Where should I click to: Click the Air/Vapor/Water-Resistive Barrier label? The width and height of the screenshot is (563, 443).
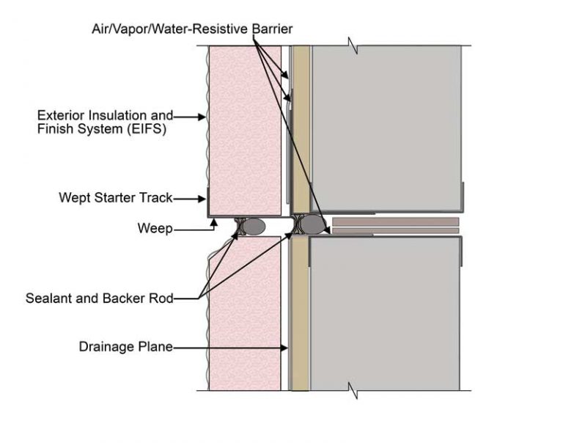(x=192, y=29)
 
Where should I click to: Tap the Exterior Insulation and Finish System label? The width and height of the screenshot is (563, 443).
(x=106, y=122)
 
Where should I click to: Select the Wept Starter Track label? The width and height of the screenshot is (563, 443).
(x=116, y=197)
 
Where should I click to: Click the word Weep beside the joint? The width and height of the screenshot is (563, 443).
(x=155, y=229)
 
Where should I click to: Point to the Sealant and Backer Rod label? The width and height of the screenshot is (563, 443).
(x=100, y=299)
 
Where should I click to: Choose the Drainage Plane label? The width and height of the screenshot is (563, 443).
(x=125, y=347)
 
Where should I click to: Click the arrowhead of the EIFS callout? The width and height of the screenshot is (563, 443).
(x=202, y=117)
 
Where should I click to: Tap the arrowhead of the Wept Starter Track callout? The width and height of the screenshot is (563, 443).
(x=202, y=199)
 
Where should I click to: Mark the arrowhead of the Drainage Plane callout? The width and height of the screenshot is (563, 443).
(x=284, y=348)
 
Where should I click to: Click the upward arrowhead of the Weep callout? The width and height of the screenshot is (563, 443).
(x=213, y=223)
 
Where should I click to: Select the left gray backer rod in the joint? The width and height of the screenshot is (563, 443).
(x=254, y=226)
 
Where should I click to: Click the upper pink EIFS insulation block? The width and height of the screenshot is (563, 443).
(x=246, y=131)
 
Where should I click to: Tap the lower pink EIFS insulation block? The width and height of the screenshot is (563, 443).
(x=245, y=313)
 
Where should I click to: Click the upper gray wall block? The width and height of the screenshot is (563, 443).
(x=386, y=128)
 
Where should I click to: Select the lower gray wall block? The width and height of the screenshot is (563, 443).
(x=385, y=314)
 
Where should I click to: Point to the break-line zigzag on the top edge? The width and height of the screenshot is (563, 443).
(x=353, y=45)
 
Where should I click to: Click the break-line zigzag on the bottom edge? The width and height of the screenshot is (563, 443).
(x=353, y=390)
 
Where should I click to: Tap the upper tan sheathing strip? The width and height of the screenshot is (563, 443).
(x=302, y=128)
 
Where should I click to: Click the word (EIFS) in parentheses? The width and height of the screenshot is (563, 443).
(x=146, y=129)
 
